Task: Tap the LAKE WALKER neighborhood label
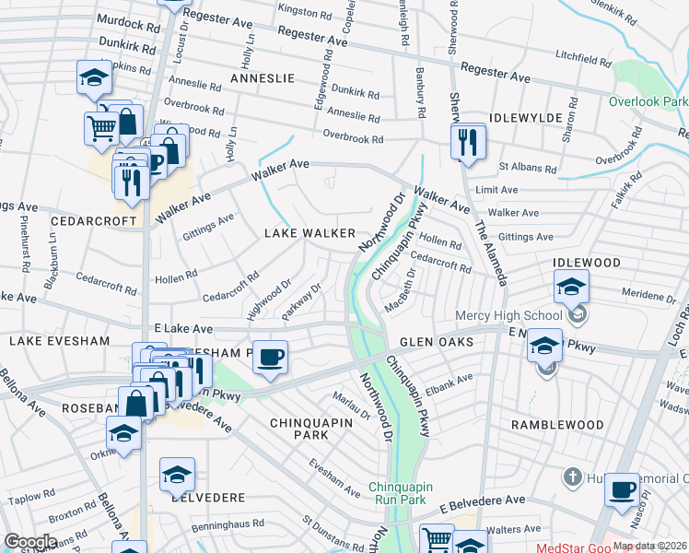(309, 233)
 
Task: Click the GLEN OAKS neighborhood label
(437, 342)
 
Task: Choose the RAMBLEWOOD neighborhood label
(558, 425)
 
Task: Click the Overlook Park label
(648, 102)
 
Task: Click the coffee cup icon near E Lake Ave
(270, 357)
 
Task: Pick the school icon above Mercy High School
(571, 287)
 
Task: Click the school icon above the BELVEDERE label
(177, 474)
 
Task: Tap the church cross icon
(572, 477)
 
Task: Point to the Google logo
(30, 543)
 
